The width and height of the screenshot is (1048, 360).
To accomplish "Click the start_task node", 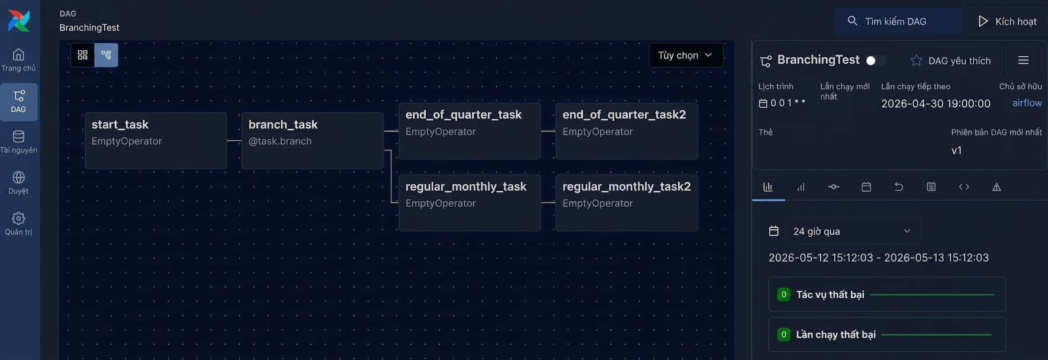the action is click(156, 140).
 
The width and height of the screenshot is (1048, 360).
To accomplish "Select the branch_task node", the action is click(313, 140).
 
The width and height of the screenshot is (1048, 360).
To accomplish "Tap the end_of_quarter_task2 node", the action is click(626, 131).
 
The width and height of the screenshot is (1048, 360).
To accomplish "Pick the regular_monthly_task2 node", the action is click(626, 202).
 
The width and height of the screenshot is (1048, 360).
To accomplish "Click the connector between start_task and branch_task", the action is click(234, 140).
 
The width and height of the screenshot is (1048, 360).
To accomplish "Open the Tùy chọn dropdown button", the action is click(686, 55).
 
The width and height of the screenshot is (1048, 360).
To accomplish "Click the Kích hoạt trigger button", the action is click(1007, 21).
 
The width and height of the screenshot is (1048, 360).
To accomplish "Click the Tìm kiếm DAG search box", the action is click(898, 21).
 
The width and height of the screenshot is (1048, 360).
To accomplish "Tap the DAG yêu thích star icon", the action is click(916, 60).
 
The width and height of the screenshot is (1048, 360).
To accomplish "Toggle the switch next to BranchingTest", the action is click(876, 60).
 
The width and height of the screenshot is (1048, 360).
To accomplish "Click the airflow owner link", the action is click(1027, 103).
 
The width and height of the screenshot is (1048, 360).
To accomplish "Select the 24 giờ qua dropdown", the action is click(853, 231).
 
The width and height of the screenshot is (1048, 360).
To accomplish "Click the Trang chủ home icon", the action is click(18, 54).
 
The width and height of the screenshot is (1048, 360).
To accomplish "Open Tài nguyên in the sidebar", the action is click(18, 142).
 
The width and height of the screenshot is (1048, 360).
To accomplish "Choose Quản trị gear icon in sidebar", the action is click(18, 218).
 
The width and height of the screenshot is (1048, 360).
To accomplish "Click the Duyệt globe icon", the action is click(18, 177).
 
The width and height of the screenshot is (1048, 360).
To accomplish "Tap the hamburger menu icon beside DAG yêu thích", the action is click(1023, 60).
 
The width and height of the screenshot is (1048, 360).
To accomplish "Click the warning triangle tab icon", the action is click(996, 187).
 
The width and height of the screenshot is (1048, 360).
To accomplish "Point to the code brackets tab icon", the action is click(964, 187).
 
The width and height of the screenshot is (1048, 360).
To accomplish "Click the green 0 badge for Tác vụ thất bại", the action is click(783, 294).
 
